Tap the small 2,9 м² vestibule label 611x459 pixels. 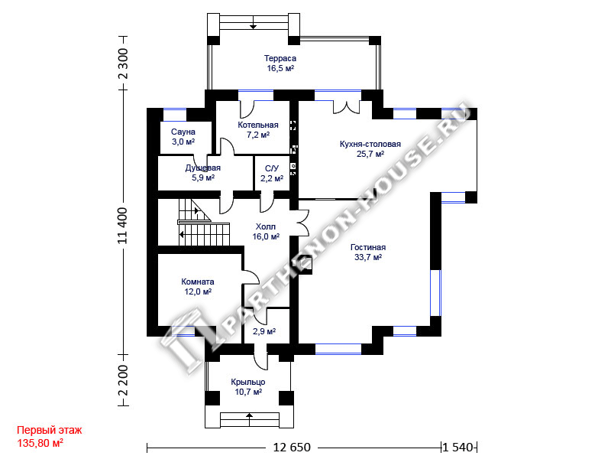pos(263,331)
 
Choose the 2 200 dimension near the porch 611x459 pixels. pos(123,379)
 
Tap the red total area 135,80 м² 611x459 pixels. pos(40,442)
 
